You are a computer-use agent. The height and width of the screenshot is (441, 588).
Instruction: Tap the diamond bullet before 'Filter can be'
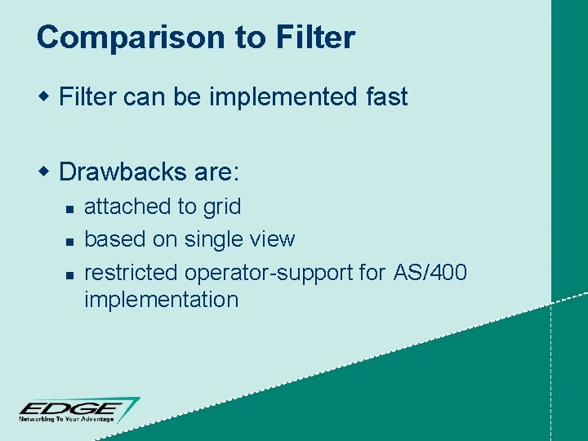(x=46, y=98)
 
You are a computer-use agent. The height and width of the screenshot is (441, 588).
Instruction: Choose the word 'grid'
(x=222, y=207)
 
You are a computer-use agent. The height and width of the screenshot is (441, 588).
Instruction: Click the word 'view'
(x=274, y=239)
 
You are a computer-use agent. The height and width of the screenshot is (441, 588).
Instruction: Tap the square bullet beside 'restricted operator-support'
(x=70, y=274)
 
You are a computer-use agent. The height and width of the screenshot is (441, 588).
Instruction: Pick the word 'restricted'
(x=131, y=271)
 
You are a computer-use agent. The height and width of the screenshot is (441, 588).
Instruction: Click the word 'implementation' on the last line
(x=161, y=300)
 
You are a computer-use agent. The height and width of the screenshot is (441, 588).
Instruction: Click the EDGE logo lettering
(x=72, y=408)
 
